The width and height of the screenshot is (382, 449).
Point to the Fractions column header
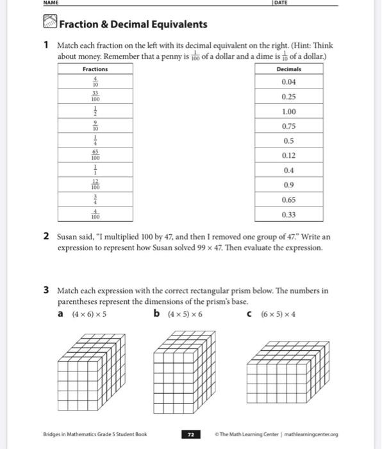[x=95, y=69]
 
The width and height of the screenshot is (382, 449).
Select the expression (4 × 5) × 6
[x=185, y=314]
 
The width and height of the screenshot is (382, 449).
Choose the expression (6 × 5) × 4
[x=278, y=314]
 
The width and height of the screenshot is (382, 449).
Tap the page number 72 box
[x=190, y=434]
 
